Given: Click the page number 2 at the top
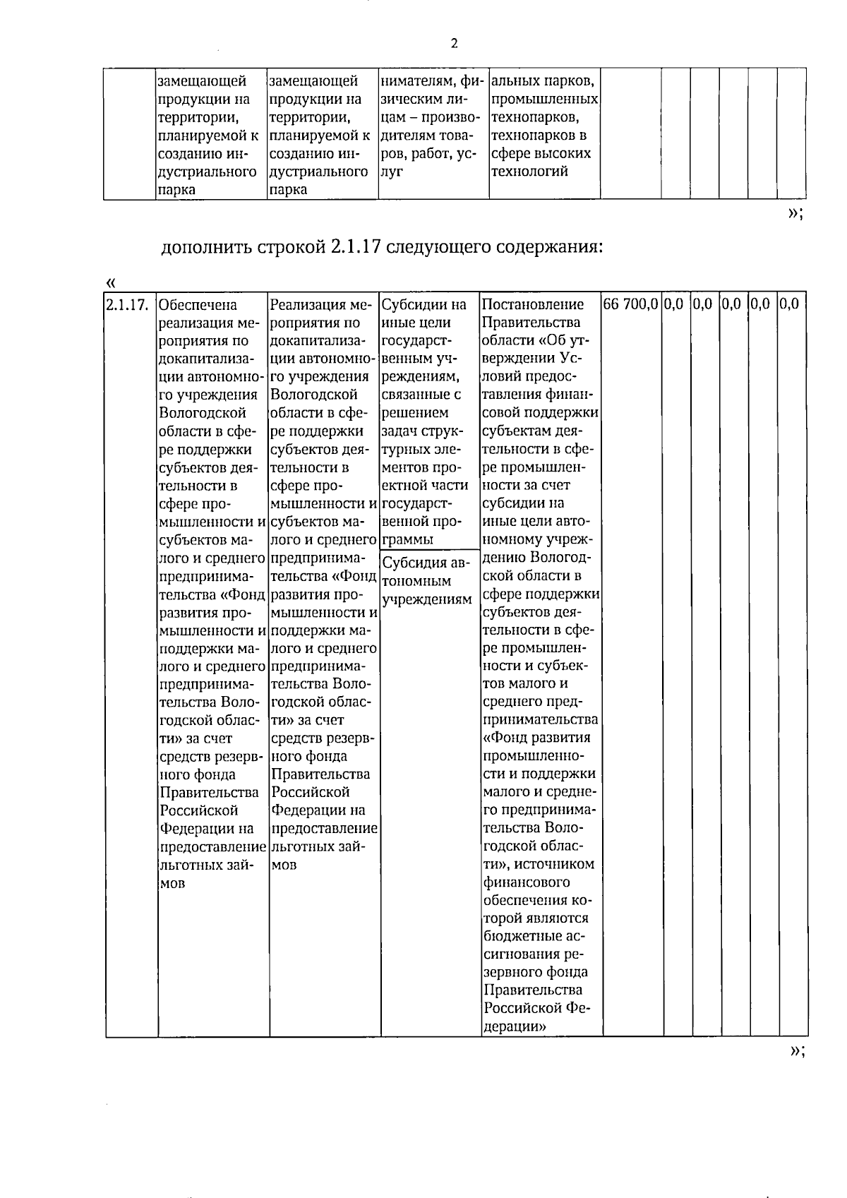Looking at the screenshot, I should click(454, 44).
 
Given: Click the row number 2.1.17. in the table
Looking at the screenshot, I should click(127, 305).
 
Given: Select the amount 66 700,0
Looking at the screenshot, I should click(631, 304).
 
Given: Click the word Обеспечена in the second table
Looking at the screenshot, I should click(198, 305).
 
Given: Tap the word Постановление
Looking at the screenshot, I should click(533, 305).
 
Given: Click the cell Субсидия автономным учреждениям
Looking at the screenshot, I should click(426, 581).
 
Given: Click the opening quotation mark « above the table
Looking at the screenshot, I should click(110, 283).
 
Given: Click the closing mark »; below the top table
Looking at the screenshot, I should click(795, 213).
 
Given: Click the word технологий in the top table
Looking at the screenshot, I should click(529, 172).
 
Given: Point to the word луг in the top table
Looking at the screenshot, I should click(391, 172).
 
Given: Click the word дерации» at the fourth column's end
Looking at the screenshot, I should click(515, 1027).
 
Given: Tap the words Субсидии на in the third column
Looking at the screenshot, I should click(424, 305).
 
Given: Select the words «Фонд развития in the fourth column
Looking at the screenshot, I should click(537, 738).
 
